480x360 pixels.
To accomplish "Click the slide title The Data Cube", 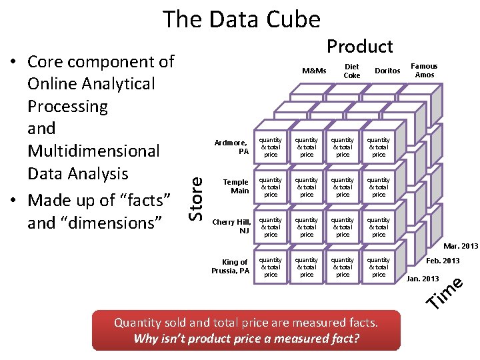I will click(241, 19).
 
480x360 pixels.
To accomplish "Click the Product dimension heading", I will click(359, 46).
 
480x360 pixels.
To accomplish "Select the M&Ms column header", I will click(313, 71).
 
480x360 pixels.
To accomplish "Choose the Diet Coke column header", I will click(351, 71).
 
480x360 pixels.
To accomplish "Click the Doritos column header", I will click(387, 71).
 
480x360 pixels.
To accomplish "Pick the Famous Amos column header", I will click(424, 70).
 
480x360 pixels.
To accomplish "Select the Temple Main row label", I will click(235, 186).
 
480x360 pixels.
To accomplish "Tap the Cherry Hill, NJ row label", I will click(231, 226).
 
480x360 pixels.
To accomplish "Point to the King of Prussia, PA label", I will click(230, 266).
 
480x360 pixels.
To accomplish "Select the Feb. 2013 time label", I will click(443, 261).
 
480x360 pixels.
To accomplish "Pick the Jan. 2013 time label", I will click(423, 279).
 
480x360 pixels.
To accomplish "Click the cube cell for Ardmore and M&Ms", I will click(271, 147).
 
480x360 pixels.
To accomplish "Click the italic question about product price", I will click(246, 338).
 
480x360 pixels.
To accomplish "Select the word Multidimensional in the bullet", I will click(93, 151).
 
